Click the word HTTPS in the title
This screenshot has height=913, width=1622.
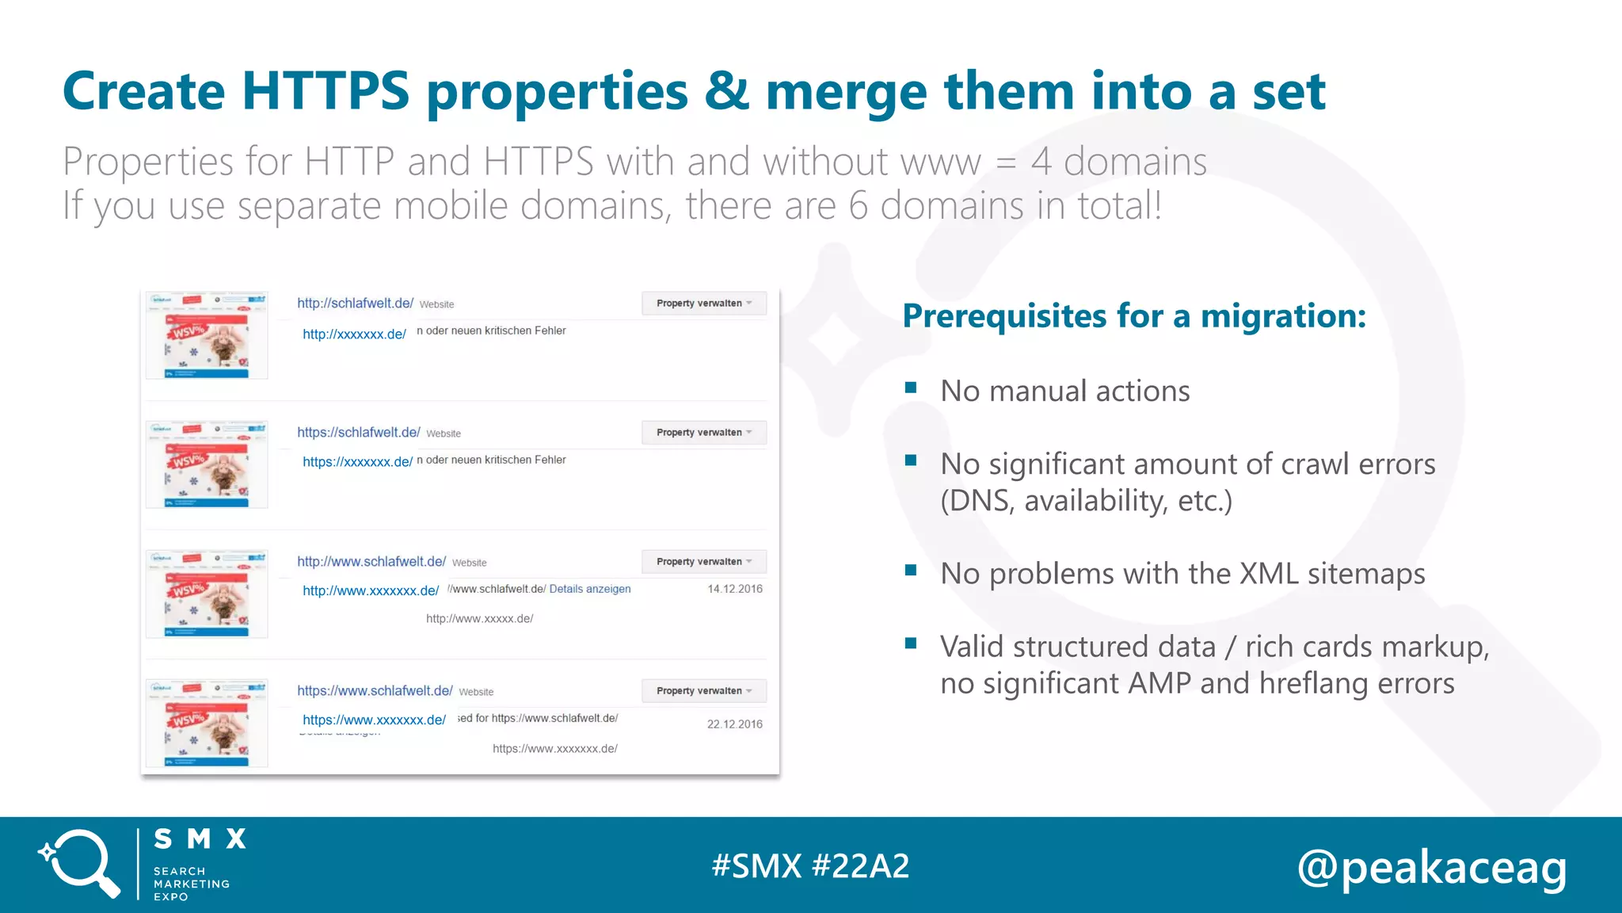(x=326, y=91)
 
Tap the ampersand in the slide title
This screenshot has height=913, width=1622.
(x=726, y=91)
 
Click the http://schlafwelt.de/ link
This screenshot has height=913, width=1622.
(x=355, y=303)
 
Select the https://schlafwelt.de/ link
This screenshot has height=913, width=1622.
(x=358, y=432)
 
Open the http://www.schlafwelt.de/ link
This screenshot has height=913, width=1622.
(x=371, y=561)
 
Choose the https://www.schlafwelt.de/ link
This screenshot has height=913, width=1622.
(x=375, y=690)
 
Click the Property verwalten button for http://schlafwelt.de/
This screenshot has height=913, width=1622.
(x=703, y=303)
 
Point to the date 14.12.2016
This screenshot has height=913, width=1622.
(x=734, y=589)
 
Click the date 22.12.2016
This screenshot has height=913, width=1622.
(x=734, y=724)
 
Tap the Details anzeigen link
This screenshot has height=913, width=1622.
(x=590, y=589)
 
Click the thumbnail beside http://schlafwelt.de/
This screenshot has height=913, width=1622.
(x=207, y=335)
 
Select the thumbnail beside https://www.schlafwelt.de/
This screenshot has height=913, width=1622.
(x=207, y=723)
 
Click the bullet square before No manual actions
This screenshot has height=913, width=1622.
(x=911, y=388)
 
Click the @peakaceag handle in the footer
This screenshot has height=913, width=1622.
(x=1432, y=867)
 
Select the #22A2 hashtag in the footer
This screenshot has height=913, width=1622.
(x=861, y=865)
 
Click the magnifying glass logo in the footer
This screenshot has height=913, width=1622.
(x=79, y=864)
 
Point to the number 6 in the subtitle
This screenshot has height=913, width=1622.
(x=859, y=205)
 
